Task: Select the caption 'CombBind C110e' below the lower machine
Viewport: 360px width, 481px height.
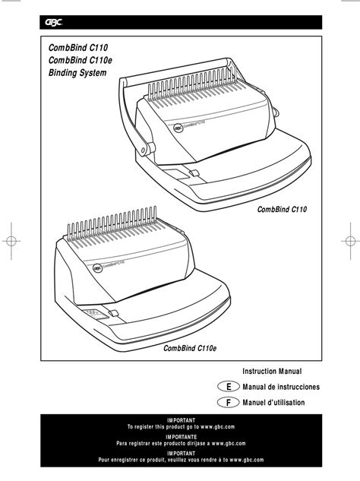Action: (191, 347)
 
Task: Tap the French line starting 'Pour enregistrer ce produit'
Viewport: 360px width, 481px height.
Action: (180, 460)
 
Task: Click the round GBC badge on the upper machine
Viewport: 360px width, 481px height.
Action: (177, 130)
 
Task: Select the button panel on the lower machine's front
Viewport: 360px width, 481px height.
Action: (94, 312)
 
